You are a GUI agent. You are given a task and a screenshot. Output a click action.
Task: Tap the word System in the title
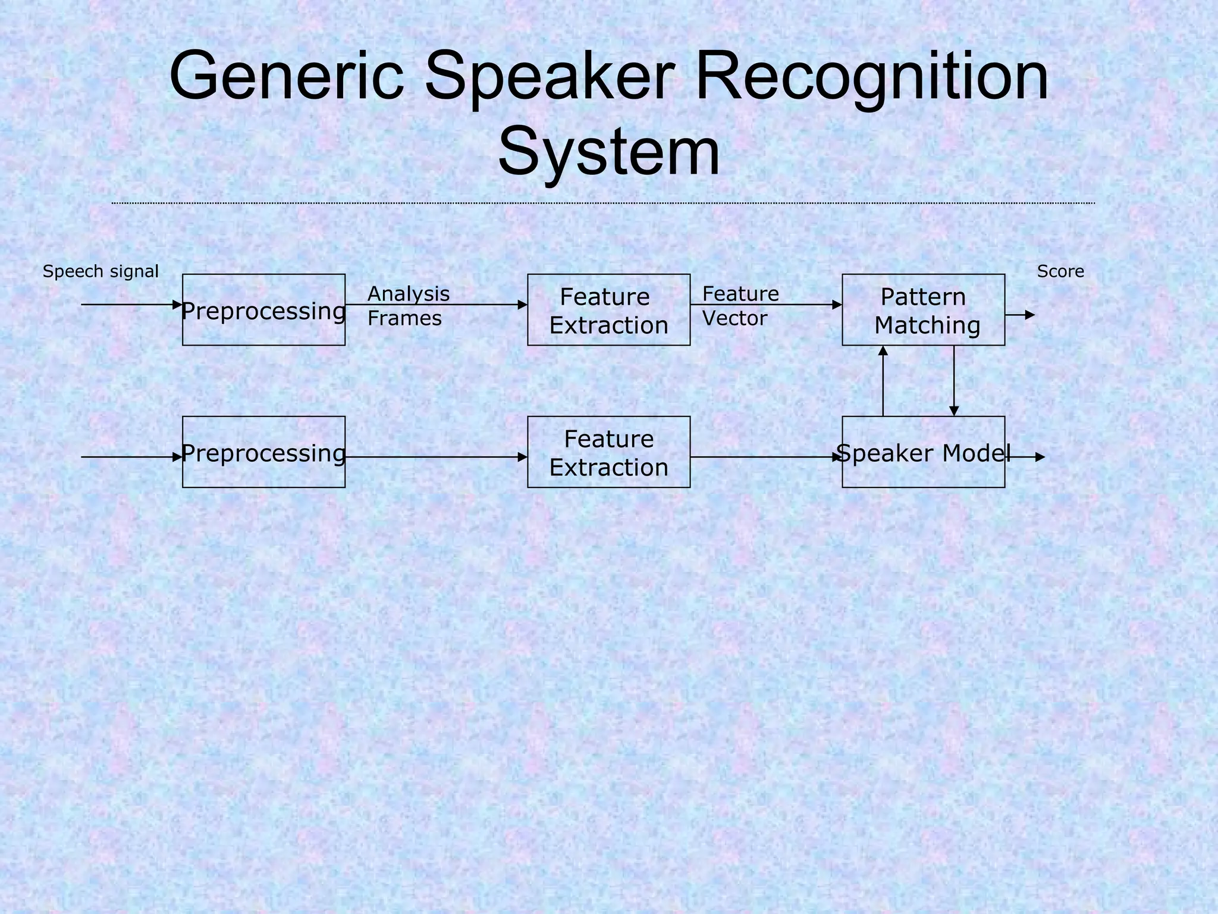[608, 154]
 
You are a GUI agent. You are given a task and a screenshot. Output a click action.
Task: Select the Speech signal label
[101, 272]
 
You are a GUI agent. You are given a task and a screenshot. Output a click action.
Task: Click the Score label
[1060, 272]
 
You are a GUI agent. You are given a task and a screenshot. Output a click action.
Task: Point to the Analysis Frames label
[408, 306]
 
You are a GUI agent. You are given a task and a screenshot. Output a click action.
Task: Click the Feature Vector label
[740, 306]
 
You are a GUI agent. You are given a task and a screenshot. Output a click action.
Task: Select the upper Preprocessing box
[263, 310]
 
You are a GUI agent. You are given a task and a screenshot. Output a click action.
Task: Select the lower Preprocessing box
[263, 452]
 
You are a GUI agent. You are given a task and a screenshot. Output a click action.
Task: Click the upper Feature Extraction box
[608, 310]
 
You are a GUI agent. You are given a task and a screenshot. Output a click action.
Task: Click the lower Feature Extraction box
[608, 452]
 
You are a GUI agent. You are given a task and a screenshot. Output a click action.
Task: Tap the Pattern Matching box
[923, 310]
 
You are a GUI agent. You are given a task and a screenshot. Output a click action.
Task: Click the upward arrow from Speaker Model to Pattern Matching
[883, 381]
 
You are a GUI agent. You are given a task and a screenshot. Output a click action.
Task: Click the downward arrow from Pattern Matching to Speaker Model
[954, 381]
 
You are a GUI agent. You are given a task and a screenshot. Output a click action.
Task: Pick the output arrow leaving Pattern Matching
[1020, 315]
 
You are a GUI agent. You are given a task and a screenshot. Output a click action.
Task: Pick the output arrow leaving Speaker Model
[1026, 457]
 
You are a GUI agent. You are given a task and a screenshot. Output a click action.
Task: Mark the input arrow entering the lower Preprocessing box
[131, 457]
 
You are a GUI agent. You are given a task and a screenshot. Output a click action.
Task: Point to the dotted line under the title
[602, 204]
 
